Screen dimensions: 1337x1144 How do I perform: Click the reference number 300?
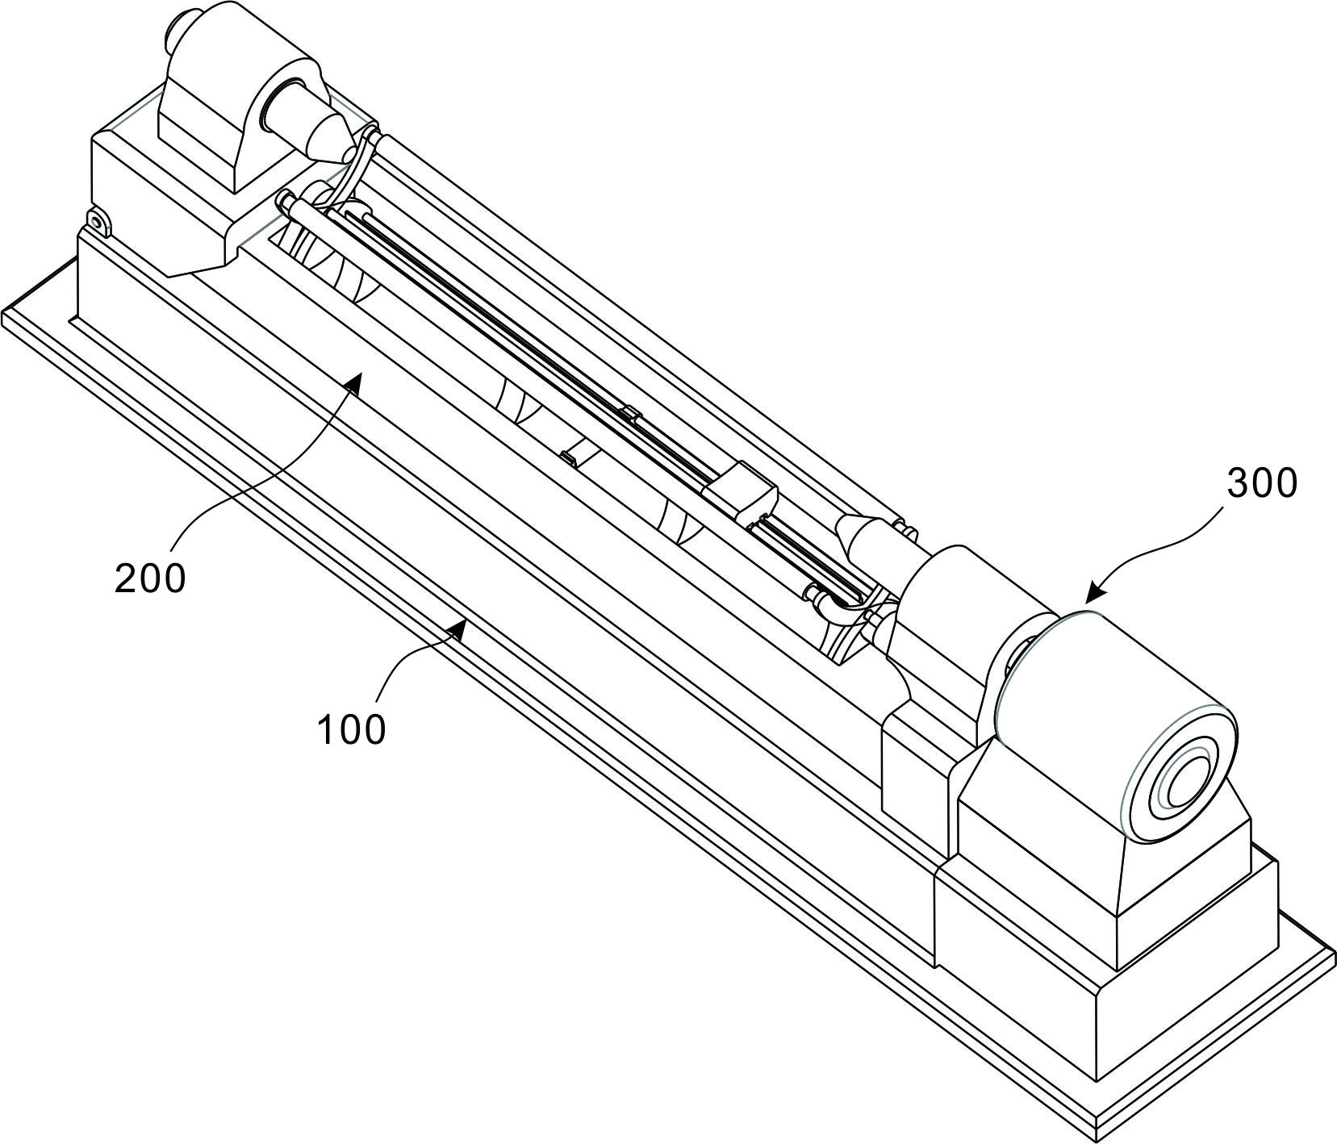[1262, 483]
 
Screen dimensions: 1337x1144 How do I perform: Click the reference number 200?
[150, 578]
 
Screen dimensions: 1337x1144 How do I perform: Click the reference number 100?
[351, 729]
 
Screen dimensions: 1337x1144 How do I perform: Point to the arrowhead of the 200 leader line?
[353, 384]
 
